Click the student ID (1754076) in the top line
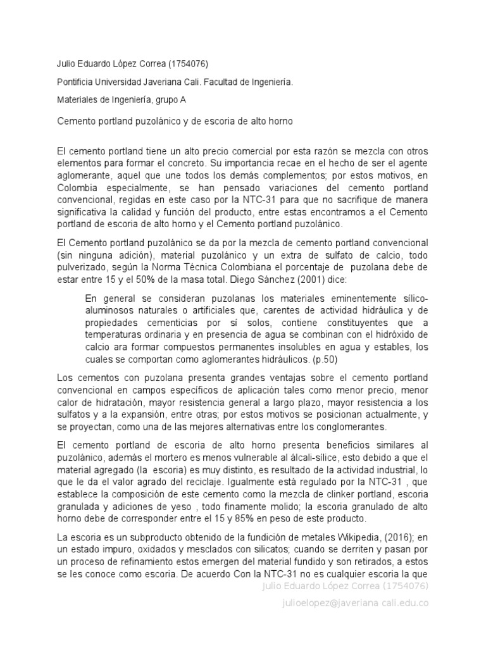click(187, 63)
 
